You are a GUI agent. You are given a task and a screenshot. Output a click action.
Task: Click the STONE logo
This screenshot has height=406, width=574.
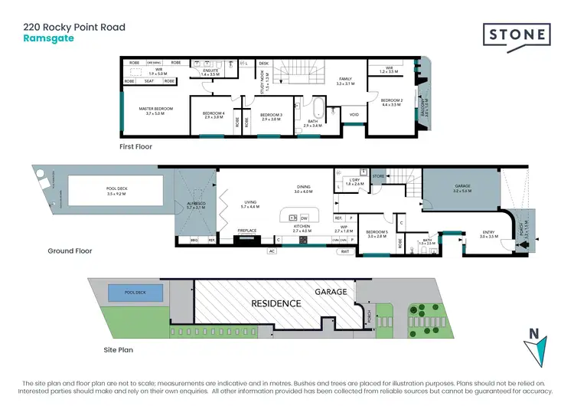click(x=517, y=35)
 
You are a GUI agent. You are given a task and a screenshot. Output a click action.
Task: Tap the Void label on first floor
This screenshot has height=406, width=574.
click(x=354, y=116)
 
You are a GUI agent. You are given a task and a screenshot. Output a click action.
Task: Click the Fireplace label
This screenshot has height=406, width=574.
click(x=246, y=230)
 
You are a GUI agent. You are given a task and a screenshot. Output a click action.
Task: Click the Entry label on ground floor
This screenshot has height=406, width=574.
click(x=488, y=234)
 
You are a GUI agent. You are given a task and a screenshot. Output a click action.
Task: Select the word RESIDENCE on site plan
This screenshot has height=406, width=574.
click(x=277, y=303)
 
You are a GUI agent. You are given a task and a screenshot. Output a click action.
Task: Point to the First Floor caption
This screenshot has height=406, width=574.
click(x=137, y=146)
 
